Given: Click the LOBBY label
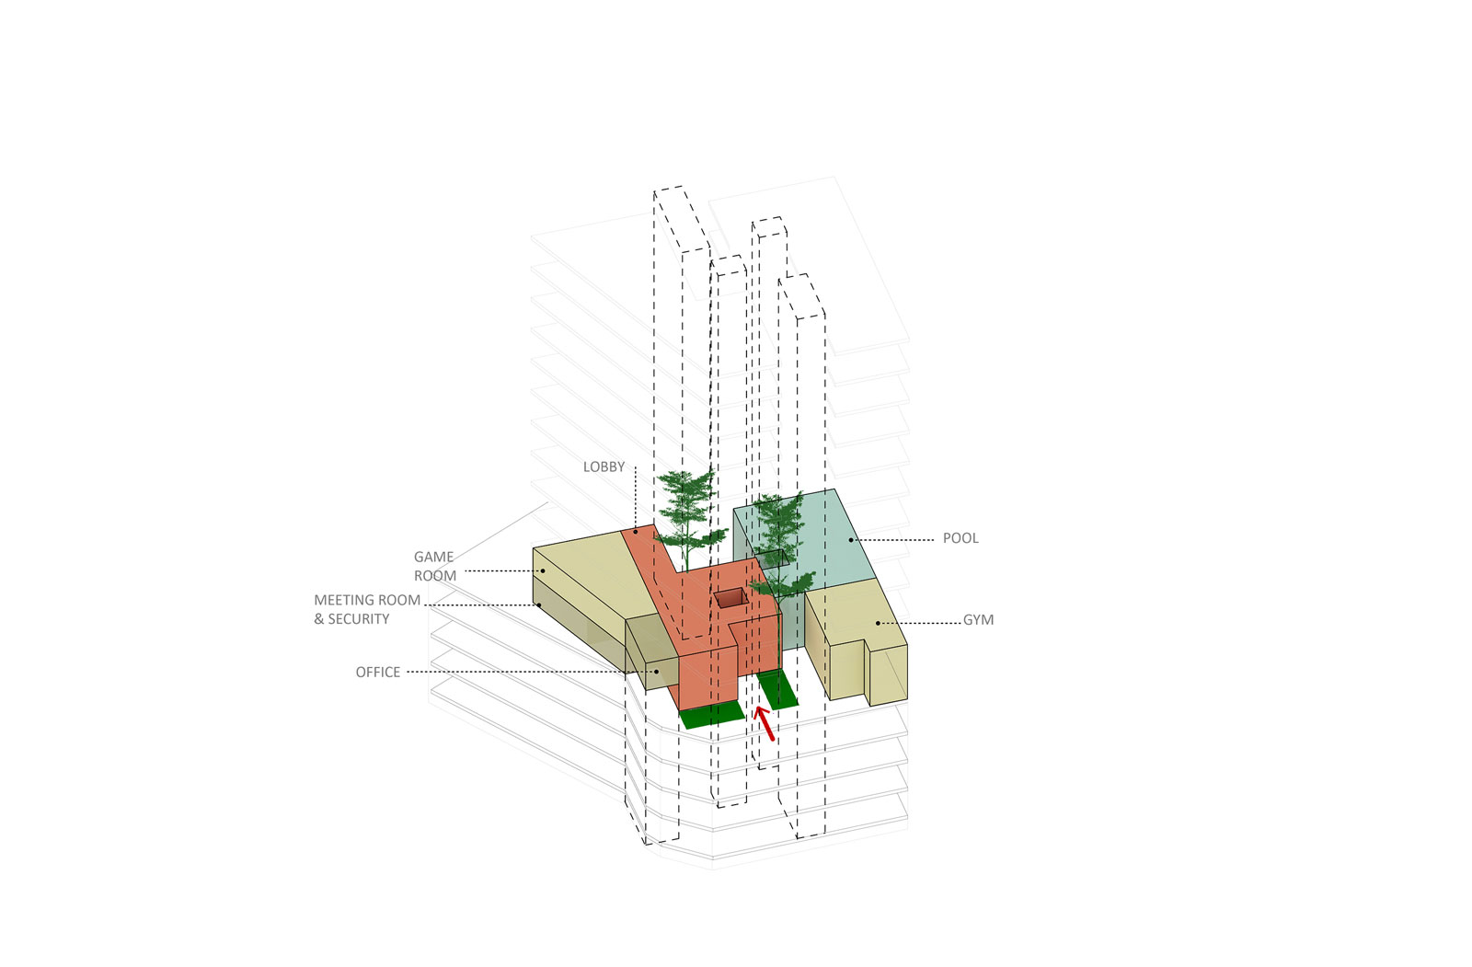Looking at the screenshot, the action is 604,467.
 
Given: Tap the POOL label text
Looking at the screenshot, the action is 960,538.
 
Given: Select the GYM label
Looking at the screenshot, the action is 978,620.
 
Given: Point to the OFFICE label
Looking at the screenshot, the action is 378,673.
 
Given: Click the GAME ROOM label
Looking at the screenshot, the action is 434,567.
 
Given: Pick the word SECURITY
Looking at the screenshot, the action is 359,619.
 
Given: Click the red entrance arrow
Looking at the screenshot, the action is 764,723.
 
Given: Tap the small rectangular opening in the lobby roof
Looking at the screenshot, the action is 731,598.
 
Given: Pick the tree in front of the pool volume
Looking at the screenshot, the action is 780,547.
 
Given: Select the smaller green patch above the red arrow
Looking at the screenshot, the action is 777,690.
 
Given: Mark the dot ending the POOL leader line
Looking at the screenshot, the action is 850,539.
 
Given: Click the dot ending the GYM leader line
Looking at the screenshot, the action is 878,623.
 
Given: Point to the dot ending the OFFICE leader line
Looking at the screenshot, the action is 657,672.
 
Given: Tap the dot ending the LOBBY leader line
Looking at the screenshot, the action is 635,532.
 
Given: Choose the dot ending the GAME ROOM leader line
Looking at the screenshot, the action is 543,570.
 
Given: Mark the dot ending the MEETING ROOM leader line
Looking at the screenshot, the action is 538,604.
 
